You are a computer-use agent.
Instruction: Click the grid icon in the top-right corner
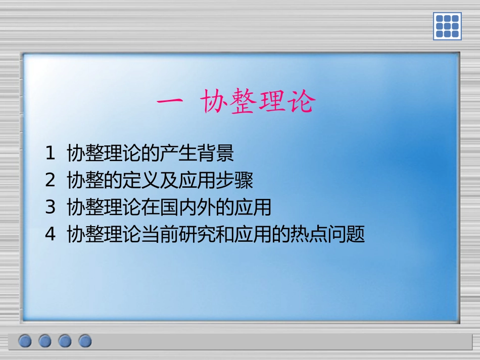click(447, 26)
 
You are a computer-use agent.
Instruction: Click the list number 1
click(50, 153)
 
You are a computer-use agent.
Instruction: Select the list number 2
click(50, 180)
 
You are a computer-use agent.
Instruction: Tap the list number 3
click(50, 208)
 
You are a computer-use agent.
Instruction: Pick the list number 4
click(50, 235)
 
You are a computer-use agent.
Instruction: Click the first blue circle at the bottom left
click(26, 341)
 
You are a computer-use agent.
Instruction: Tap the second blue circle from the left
click(45, 341)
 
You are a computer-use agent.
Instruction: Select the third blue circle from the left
click(65, 341)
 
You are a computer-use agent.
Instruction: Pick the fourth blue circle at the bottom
click(85, 341)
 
